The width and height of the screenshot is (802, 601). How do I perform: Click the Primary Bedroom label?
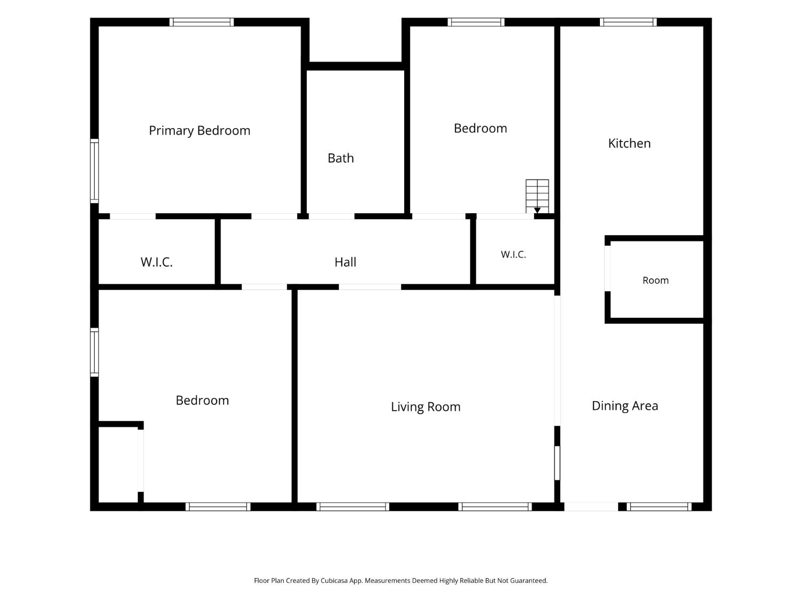coord(199,131)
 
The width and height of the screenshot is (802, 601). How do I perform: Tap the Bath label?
coord(341,158)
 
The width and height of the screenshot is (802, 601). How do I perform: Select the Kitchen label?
coord(629,143)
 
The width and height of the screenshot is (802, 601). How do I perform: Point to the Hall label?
coord(345,262)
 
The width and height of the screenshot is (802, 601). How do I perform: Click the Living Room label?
coord(426,407)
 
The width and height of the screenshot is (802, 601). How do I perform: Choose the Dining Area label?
coord(625,406)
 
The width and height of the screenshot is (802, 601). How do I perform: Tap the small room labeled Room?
coord(656,280)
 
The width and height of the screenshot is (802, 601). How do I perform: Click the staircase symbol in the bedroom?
coord(537,196)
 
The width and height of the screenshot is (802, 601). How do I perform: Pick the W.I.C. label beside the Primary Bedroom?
coord(156,262)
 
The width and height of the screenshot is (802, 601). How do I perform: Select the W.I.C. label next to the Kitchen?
coord(513,254)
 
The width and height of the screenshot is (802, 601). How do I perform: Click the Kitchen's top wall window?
coord(628,22)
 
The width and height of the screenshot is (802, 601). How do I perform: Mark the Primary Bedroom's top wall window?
coord(202,22)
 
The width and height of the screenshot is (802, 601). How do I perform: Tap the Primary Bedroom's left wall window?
coord(94,171)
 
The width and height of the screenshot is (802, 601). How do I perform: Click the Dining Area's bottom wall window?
coord(659,506)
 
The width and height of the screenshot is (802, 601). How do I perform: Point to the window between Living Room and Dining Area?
coord(557,463)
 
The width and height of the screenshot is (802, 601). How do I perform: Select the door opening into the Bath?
coord(331,216)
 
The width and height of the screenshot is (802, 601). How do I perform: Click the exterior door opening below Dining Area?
coord(591,506)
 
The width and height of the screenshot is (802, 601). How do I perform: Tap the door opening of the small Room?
coord(607,269)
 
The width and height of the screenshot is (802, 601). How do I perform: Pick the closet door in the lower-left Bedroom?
coord(141,460)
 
